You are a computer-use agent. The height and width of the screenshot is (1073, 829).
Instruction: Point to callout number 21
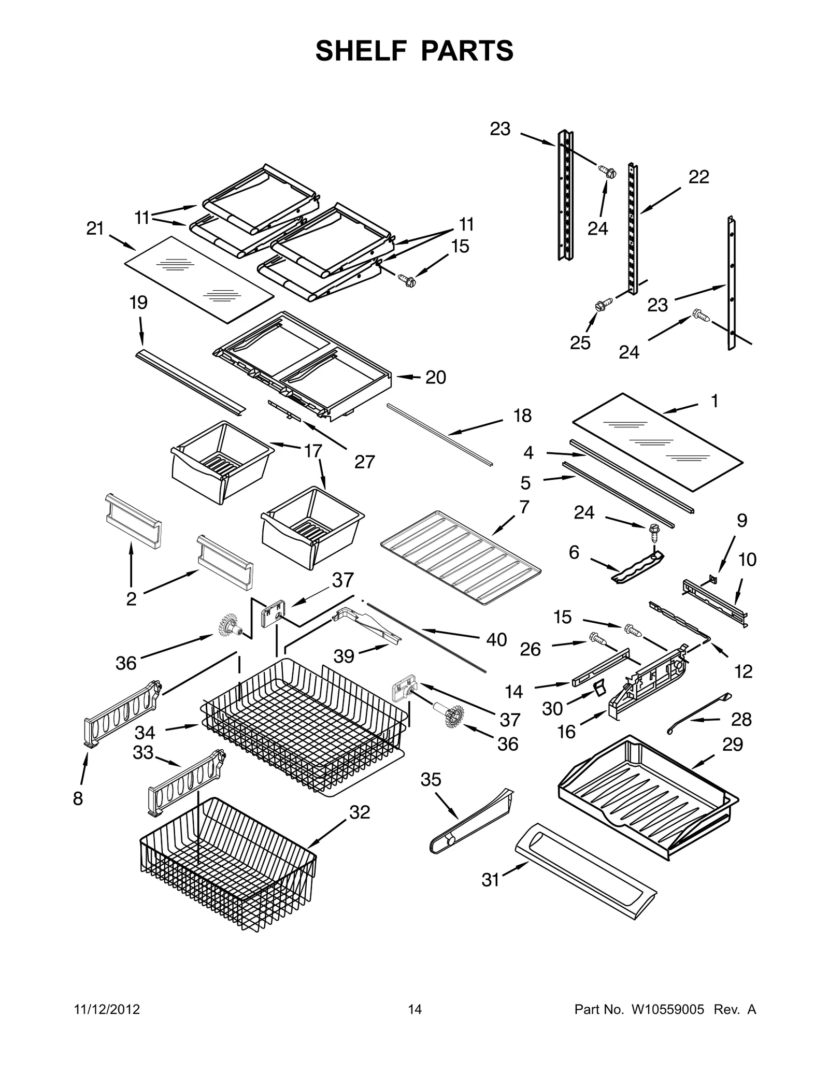[95, 228]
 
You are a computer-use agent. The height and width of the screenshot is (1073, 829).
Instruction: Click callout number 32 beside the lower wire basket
[360, 812]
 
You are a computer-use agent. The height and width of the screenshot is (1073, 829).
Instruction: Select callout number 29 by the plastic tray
[733, 744]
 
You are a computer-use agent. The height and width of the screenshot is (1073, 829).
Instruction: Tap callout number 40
[496, 640]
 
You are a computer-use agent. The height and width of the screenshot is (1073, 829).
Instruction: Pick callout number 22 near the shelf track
[698, 177]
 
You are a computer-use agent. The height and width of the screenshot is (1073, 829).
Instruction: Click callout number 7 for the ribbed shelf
[524, 507]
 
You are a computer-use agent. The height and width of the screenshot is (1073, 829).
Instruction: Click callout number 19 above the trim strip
[138, 303]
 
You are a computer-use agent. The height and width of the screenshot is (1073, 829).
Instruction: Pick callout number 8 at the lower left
[78, 798]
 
